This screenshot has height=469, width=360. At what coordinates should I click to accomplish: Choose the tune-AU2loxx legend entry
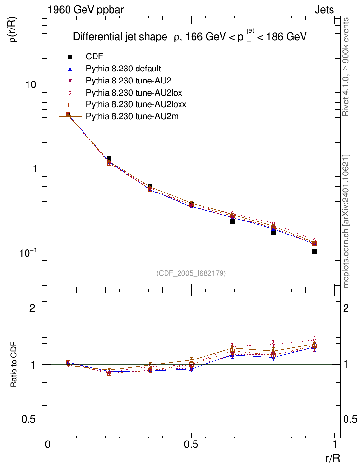(x=123, y=104)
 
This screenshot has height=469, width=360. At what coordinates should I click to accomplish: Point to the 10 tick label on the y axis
(x=30, y=84)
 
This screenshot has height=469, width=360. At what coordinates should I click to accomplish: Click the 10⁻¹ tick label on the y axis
(x=28, y=252)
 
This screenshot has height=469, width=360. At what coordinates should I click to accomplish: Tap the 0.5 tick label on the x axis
(x=191, y=444)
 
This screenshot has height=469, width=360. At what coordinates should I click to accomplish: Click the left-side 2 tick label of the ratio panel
(x=32, y=308)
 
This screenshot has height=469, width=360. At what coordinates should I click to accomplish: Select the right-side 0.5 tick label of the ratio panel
(x=350, y=419)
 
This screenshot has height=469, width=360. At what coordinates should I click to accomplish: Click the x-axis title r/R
(x=332, y=458)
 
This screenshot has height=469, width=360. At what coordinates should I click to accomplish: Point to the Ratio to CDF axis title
(x=14, y=365)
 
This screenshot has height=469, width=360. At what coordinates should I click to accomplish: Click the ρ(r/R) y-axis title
(x=14, y=29)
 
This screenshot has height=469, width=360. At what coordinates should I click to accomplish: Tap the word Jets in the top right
(x=324, y=10)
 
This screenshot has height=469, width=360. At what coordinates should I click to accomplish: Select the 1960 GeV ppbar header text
(x=85, y=10)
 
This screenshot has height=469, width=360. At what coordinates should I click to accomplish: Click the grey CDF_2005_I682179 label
(x=191, y=273)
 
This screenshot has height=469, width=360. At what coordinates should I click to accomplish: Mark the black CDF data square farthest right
(x=314, y=251)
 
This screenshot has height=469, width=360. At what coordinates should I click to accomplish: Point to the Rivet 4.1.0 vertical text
(x=346, y=67)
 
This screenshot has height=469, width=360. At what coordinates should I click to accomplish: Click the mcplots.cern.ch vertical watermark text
(x=346, y=221)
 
